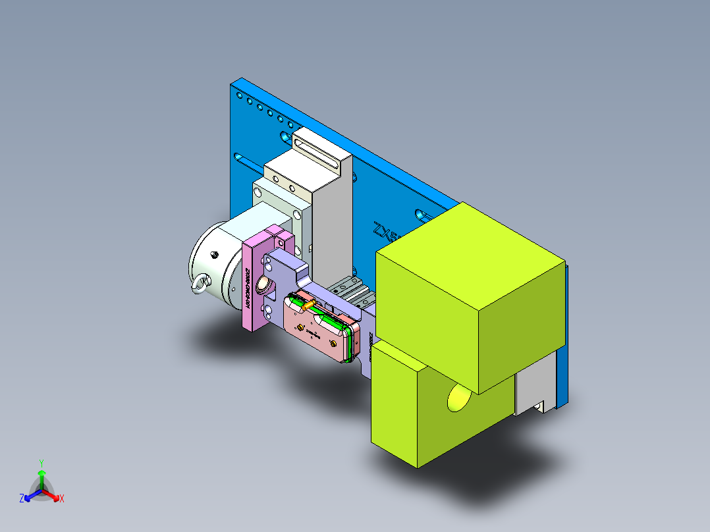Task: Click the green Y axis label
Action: coord(41,462)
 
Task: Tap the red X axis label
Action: coord(62,499)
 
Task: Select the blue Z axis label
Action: coord(22,499)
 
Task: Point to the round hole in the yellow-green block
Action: coord(459,398)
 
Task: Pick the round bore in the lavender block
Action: coord(264,285)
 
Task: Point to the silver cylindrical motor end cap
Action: coord(207,263)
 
